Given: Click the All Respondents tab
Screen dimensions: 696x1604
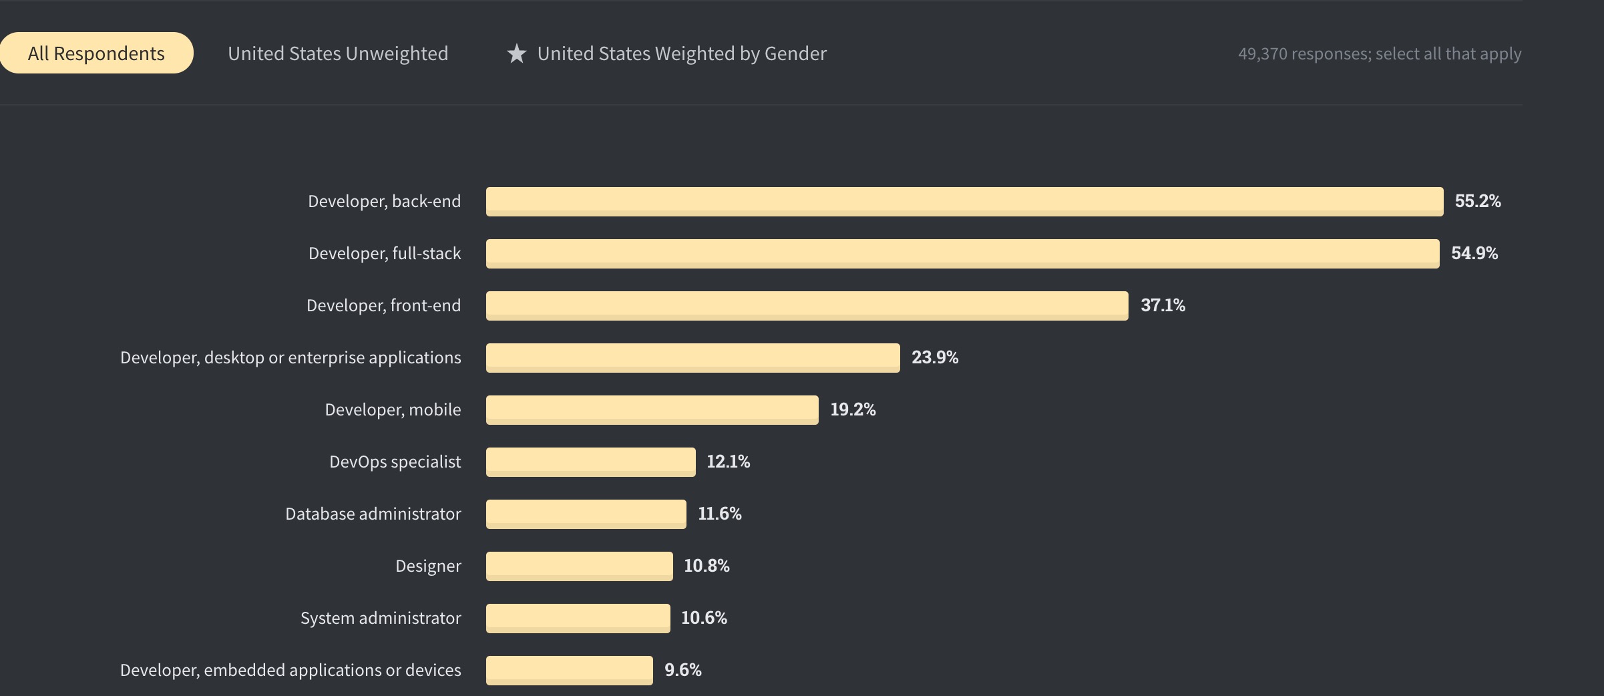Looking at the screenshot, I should point(96,53).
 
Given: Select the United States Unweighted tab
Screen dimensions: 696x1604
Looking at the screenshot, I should point(338,53).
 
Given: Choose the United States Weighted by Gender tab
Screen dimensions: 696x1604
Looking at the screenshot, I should point(681,53).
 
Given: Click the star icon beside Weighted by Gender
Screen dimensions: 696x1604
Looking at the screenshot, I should point(517,53).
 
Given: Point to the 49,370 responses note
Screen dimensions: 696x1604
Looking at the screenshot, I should point(1379,53).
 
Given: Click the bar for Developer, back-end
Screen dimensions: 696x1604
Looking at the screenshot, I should point(964,201).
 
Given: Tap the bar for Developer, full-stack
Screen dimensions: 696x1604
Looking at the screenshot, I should point(962,253).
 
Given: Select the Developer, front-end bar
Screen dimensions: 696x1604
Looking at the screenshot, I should point(807,305).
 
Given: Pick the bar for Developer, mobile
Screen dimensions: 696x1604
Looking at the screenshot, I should point(652,409).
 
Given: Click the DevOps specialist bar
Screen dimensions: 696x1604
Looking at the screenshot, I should point(590,462).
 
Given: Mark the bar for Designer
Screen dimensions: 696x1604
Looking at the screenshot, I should point(579,566).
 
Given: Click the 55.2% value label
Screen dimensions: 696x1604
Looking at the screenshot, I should point(1477,201).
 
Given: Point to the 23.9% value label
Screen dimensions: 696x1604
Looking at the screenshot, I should point(935,357).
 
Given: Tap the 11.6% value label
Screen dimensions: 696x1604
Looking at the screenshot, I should point(719,514).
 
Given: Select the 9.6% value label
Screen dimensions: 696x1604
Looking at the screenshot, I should point(682,670).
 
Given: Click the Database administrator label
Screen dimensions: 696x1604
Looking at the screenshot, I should point(373,514).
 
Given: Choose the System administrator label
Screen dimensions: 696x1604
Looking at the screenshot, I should point(380,618).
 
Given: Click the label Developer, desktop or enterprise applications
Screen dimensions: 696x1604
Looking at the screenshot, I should point(290,357).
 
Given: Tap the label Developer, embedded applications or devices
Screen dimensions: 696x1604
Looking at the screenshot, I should point(290,670).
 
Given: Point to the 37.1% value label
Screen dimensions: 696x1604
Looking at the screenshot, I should point(1163,305).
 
